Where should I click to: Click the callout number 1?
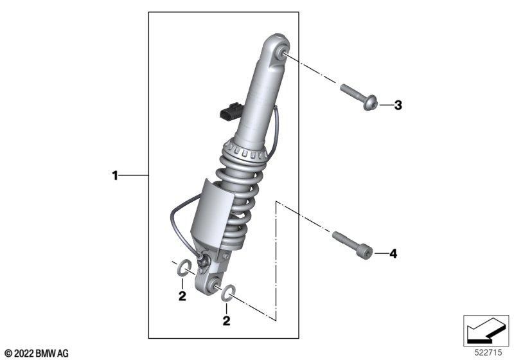pyautogui.click(x=115, y=175)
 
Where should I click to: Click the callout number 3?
pyautogui.click(x=398, y=105)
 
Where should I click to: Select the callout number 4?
pyautogui.click(x=393, y=253)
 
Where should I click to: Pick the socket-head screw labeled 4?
pyautogui.click(x=353, y=244)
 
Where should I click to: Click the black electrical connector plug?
pyautogui.click(x=230, y=111)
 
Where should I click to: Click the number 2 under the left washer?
pyautogui.click(x=182, y=296)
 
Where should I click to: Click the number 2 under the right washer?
pyautogui.click(x=226, y=321)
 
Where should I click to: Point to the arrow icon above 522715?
pyautogui.click(x=486, y=330)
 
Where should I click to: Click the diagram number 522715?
pyautogui.click(x=488, y=352)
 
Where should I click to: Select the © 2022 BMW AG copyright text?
pyautogui.click(x=37, y=354)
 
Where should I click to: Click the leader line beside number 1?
pyautogui.click(x=133, y=175)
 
